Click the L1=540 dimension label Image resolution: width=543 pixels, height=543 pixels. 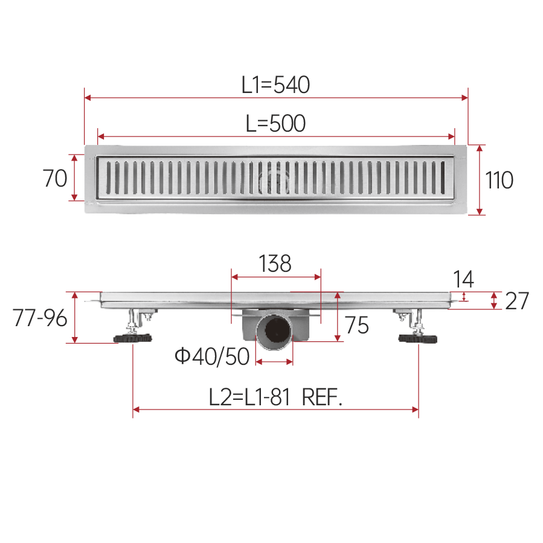tap(275, 85)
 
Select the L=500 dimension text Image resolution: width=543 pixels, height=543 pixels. tap(275, 124)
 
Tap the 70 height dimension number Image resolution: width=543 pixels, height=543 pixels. tap(55, 178)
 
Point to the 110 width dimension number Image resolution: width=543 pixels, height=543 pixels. tap(499, 180)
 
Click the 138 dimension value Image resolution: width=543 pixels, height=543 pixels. tap(275, 263)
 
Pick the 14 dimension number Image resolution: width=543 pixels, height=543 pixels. tap(463, 279)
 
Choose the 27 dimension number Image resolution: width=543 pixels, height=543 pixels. tap(517, 301)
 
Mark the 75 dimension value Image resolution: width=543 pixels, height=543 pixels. tap(357, 325)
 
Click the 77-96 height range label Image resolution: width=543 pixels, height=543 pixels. tap(40, 318)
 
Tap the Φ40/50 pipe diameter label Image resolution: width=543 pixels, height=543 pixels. tap(212, 356)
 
